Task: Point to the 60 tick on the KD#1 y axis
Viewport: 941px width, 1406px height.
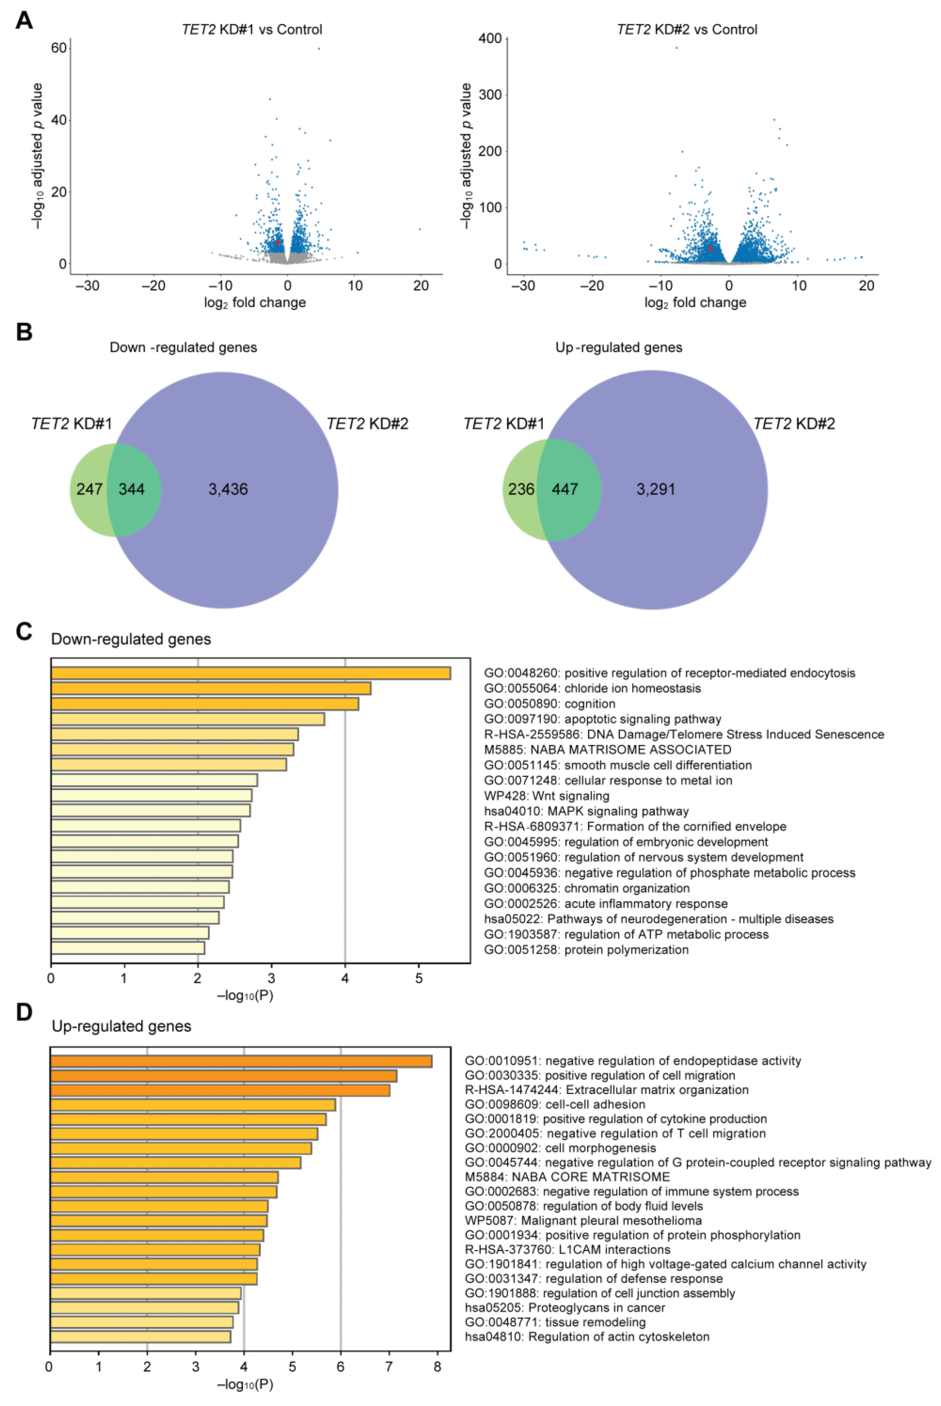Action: [x=59, y=48]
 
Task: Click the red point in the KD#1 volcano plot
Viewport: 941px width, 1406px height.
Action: [x=278, y=242]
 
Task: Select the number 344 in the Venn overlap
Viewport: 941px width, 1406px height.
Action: [x=132, y=489]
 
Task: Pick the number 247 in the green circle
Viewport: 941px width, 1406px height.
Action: [x=89, y=489]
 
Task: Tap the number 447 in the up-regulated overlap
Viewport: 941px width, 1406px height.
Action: [x=565, y=489]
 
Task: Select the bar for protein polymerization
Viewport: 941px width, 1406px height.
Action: [x=128, y=948]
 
